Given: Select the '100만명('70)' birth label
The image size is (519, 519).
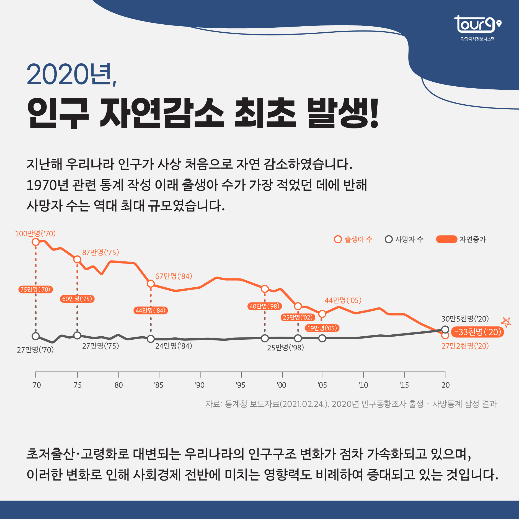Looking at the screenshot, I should tap(35, 234).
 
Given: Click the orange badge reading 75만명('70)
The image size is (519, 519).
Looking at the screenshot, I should tap(35, 290).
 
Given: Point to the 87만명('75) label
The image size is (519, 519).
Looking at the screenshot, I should tap(100, 252).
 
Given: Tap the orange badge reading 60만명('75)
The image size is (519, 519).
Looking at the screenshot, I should tap(77, 299).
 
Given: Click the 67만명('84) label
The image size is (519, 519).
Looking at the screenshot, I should tap(174, 276).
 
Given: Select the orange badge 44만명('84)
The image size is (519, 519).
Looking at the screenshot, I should tap(151, 311).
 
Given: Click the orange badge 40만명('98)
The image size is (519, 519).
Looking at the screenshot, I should tap(265, 306).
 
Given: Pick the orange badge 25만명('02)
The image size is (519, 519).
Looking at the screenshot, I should tap(298, 317).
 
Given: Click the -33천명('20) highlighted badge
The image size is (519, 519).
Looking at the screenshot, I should tap(477, 332).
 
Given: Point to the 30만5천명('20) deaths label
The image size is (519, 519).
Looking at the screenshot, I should tap(465, 319).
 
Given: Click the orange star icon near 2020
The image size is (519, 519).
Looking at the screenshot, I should tap(506, 322).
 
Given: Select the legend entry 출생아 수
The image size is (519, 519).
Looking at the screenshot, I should tap(353, 239).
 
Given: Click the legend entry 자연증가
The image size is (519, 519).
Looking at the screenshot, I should tap(461, 239).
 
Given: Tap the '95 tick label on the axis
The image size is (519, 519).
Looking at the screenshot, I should tap(241, 385).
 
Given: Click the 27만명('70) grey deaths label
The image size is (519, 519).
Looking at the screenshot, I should tap(35, 350).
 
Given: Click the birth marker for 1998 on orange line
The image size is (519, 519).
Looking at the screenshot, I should tap(265, 289).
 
